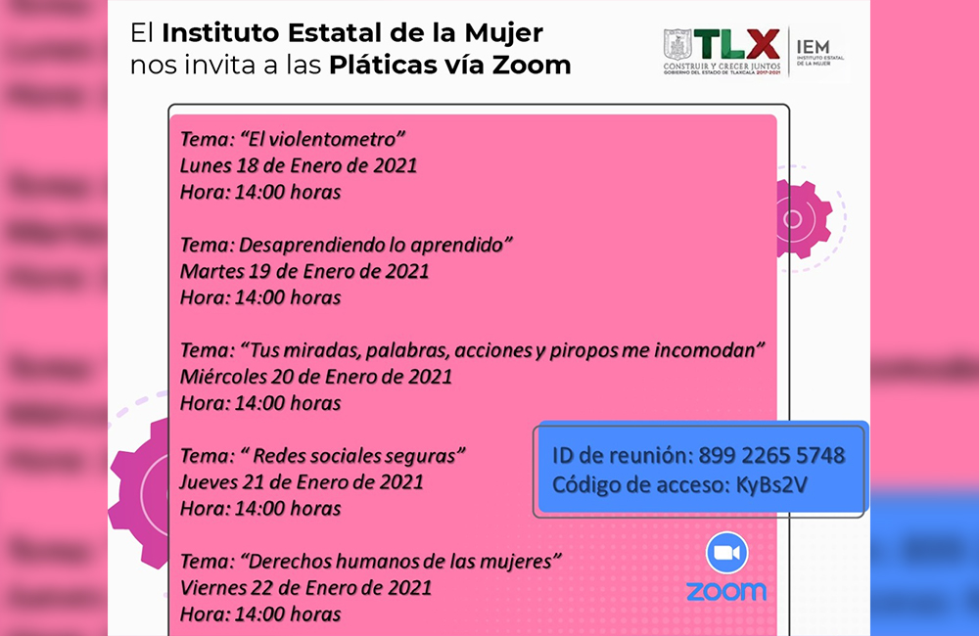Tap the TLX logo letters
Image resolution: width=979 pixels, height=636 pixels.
(737, 45)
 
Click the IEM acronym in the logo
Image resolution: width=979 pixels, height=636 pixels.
(813, 47)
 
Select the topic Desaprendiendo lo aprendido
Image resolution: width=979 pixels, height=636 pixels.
(375, 245)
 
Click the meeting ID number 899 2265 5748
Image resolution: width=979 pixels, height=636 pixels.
(771, 456)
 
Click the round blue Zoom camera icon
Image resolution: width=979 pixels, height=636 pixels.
(726, 553)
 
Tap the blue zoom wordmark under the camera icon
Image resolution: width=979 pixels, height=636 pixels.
(726, 590)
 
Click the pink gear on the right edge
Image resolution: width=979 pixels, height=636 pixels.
(804, 219)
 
